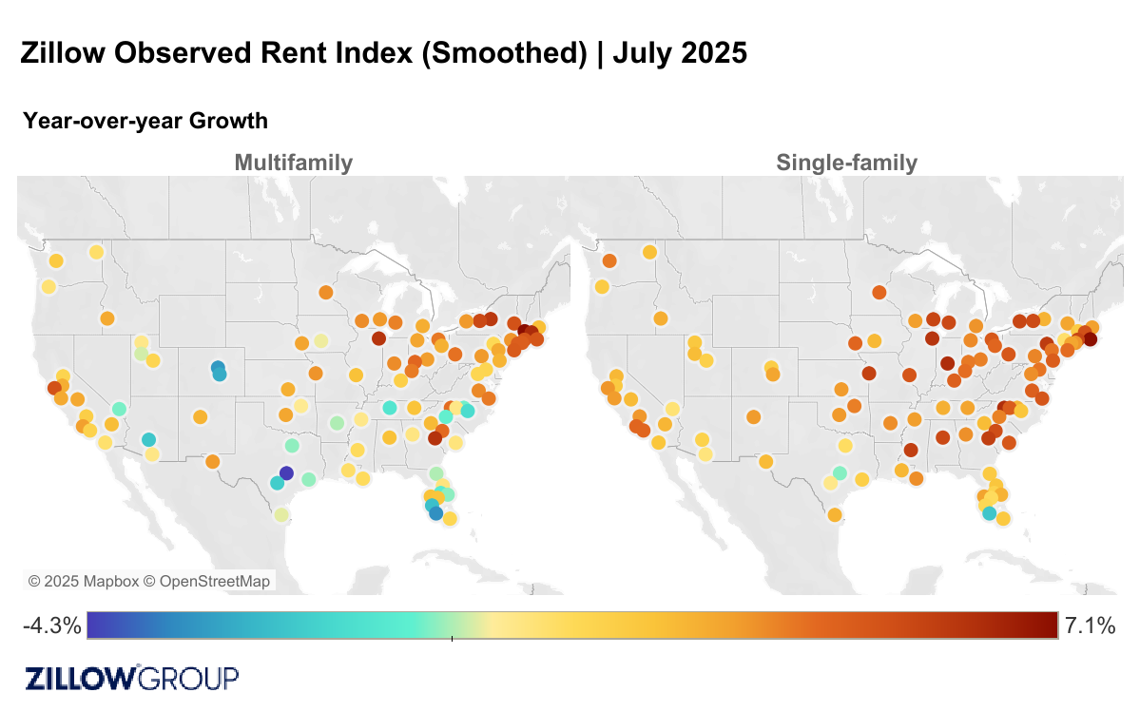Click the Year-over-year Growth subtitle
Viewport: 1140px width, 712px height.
[x=145, y=121]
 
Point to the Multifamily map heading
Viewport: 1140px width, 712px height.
[x=293, y=163]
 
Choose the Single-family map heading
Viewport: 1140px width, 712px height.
[x=846, y=163]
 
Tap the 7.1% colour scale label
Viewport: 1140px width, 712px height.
[x=1090, y=625]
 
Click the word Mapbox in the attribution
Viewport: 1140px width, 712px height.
[x=105, y=581]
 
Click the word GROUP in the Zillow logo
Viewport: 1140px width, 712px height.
[x=189, y=678]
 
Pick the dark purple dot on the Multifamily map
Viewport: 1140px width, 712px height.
[x=286, y=473]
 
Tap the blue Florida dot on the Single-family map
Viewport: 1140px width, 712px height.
[x=989, y=513]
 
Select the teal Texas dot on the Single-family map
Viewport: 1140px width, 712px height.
[x=840, y=472]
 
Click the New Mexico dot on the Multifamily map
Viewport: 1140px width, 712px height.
[x=200, y=416]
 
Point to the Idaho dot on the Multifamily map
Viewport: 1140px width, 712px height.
[x=106, y=318]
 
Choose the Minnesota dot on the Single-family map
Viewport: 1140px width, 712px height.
[x=879, y=292]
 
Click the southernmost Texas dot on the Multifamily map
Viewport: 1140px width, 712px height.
[x=280, y=515]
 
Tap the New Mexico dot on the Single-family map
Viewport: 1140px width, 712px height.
[x=754, y=416]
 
